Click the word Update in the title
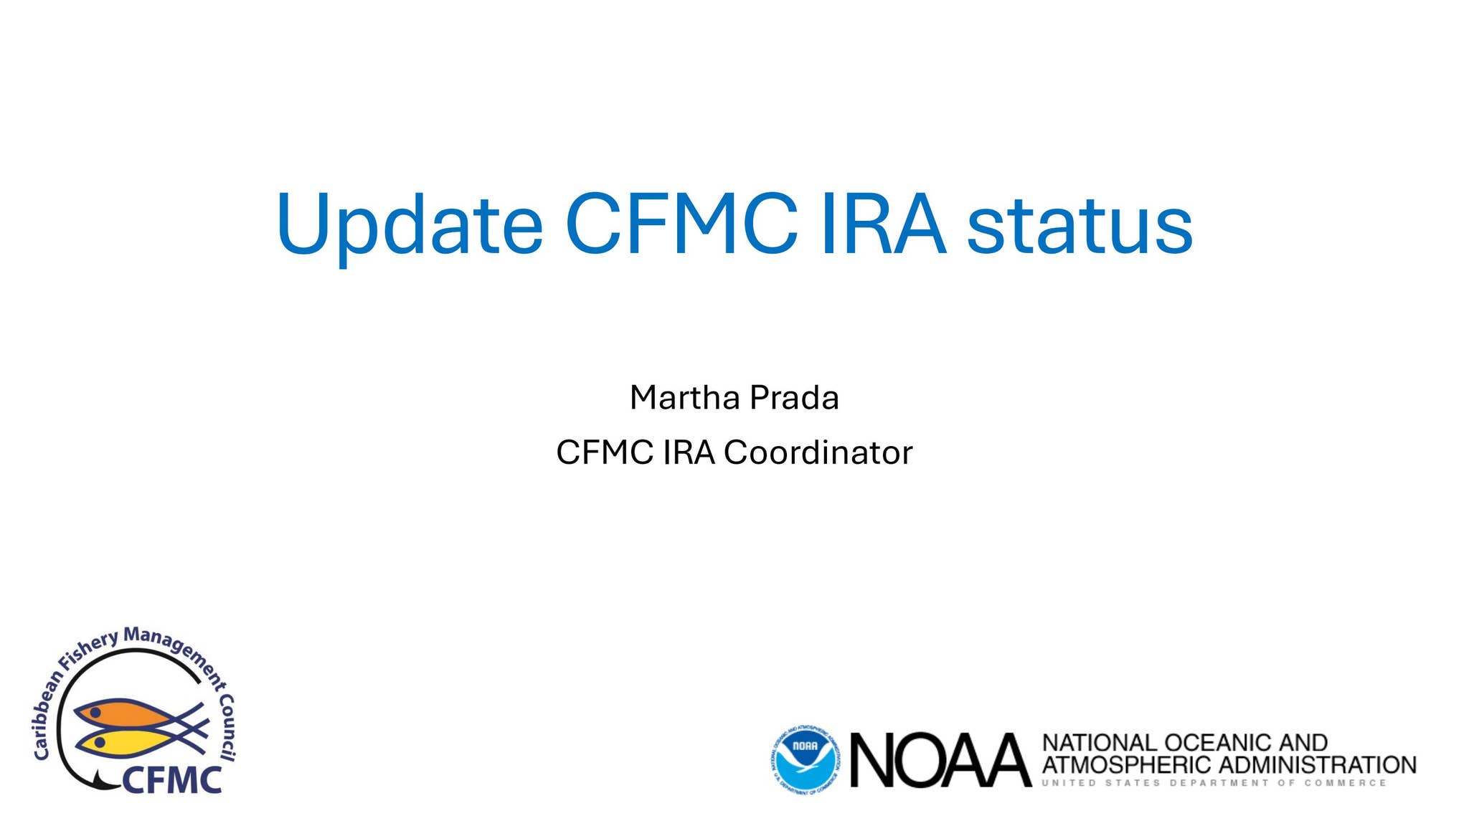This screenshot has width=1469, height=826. tap(409, 224)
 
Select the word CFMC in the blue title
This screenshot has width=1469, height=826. tap(681, 224)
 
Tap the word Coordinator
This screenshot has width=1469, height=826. tap(818, 452)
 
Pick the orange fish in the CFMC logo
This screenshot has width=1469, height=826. tap(122, 713)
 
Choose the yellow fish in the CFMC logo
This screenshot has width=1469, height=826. tap(118, 742)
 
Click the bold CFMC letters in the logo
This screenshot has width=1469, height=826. tap(172, 780)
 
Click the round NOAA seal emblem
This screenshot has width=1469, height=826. tap(806, 759)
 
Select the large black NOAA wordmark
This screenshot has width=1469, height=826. tap(940, 760)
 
